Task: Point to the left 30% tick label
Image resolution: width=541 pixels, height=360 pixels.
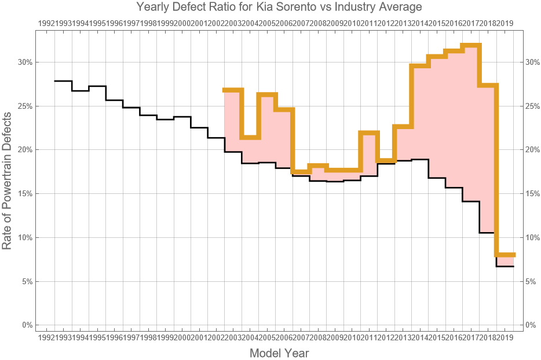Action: click(25, 63)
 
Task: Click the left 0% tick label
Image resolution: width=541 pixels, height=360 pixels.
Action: click(27, 325)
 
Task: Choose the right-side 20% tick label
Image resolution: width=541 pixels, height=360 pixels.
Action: click(533, 150)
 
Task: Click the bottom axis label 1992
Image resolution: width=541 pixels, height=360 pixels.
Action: click(46, 337)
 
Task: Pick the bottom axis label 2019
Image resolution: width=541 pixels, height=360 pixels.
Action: click(505, 337)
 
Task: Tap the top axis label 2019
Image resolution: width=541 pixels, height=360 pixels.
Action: click(505, 23)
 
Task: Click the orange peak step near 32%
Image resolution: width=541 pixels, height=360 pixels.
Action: click(471, 45)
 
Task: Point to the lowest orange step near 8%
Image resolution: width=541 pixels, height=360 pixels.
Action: click(505, 255)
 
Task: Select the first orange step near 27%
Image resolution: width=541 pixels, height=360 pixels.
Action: click(233, 90)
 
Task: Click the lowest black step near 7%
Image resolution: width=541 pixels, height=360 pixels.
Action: click(505, 266)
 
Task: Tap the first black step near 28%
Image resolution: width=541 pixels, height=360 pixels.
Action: click(63, 81)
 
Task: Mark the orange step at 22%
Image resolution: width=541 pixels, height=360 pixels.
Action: click(369, 133)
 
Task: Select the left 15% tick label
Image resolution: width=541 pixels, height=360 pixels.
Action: click(25, 194)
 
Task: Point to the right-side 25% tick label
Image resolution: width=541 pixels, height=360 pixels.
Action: click(533, 106)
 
